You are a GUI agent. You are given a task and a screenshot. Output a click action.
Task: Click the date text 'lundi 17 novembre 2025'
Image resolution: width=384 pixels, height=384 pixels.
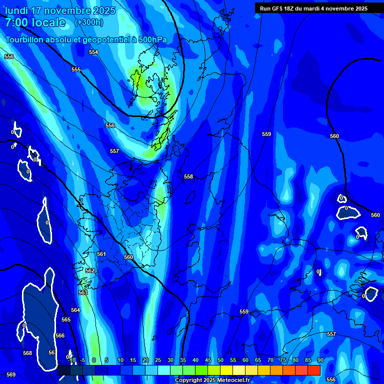60,10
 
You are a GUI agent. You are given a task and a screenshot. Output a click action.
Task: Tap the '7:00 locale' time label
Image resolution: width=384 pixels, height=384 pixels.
35,22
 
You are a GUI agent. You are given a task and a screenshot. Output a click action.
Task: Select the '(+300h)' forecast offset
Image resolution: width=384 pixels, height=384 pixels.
89,22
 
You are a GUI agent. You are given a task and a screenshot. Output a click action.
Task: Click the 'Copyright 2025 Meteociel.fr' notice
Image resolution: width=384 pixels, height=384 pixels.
212,380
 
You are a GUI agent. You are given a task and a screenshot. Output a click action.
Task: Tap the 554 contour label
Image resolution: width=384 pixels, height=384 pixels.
93,52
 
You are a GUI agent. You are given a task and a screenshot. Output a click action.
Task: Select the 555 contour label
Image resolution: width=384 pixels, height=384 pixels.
76,69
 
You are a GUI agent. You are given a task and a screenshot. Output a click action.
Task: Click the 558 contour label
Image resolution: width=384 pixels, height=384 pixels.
188,176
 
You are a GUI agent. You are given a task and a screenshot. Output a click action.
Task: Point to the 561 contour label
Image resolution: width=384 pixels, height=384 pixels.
101,254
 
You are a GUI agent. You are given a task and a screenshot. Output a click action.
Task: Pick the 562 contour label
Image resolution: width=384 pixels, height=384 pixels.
90,270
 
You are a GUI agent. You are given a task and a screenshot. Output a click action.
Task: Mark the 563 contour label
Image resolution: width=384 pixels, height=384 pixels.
83,292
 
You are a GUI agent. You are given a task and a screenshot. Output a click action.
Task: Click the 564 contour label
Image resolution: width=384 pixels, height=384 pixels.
75,310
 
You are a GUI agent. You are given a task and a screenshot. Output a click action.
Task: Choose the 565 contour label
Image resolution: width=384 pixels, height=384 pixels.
66,319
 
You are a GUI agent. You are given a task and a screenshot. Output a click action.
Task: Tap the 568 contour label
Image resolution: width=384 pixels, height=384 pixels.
27,353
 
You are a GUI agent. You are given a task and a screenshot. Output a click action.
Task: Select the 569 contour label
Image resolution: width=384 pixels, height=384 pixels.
11,374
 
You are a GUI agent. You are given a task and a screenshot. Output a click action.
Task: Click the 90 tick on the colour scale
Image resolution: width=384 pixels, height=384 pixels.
320,360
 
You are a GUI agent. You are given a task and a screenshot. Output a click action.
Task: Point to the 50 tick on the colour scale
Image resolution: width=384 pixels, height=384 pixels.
220,360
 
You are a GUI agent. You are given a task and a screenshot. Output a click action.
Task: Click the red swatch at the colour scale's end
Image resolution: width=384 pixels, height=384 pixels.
314,370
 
